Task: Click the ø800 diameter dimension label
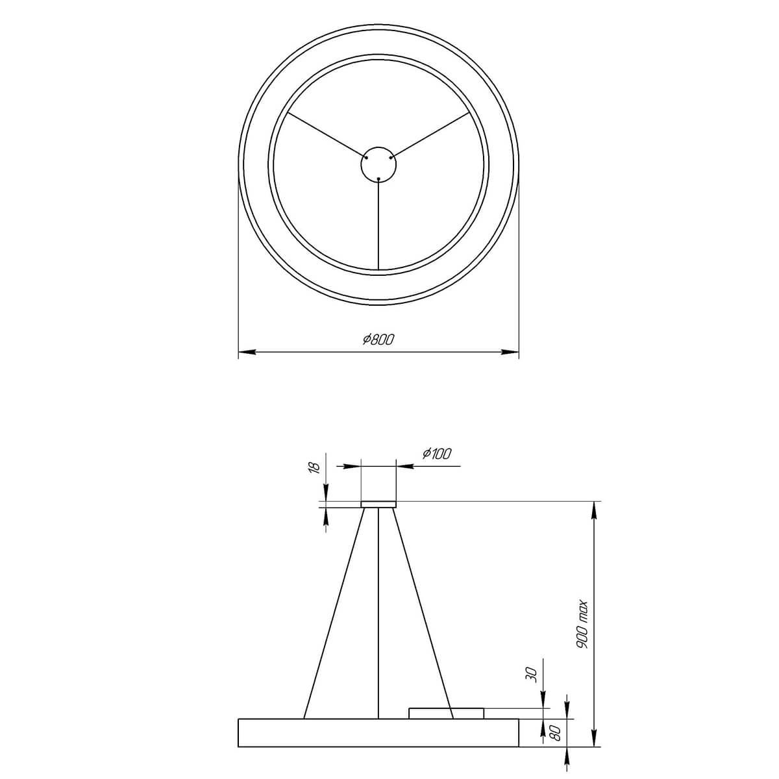tap(379, 339)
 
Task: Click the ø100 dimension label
tap(436, 454)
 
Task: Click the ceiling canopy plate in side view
tap(378, 504)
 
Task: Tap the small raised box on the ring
tap(446, 713)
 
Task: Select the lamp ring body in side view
tap(378, 733)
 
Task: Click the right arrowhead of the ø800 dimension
tap(513, 352)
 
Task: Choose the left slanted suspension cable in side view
tap(334, 613)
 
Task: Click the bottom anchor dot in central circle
tap(378, 178)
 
